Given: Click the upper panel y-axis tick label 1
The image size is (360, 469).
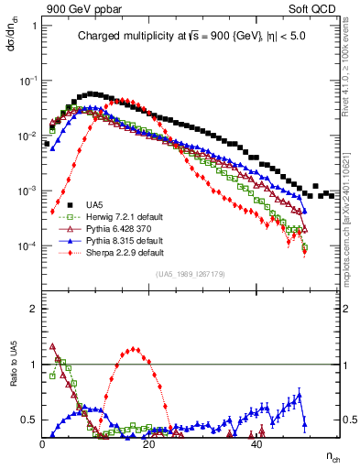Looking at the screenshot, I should pyautogui.click(x=34, y=26).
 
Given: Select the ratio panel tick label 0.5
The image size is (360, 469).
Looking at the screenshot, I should pyautogui.click(x=30, y=420).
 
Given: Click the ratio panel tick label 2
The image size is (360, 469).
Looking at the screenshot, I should pyautogui.click(x=34, y=309).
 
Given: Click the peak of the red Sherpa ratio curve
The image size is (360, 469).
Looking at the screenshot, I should pyautogui.click(x=135, y=348).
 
